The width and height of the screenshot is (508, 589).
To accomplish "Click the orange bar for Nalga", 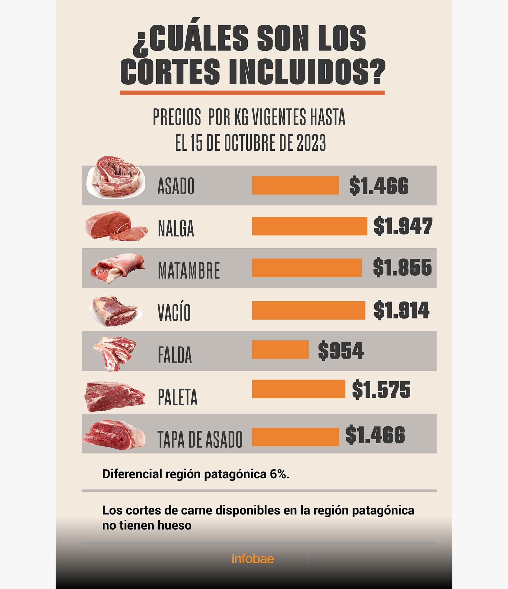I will click(x=309, y=226).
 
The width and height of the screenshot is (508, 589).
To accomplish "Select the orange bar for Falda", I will click(x=280, y=349).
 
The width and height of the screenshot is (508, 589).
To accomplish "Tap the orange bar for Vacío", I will click(x=309, y=310).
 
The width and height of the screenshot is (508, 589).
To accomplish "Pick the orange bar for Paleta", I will click(x=298, y=389).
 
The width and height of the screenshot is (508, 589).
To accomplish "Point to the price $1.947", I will click(x=403, y=226).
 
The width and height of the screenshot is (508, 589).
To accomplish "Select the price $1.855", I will click(x=402, y=267).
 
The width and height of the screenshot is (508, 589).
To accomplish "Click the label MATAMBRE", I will click(x=189, y=270).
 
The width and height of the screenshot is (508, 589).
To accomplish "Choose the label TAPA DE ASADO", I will click(x=200, y=439).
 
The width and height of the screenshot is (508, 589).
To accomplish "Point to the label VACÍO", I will click(x=174, y=312).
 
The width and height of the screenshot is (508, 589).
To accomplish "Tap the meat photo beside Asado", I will click(x=116, y=177).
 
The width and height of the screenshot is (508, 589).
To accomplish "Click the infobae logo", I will click(x=253, y=559).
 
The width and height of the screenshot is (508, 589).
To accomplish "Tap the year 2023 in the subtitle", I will click(x=311, y=143).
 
